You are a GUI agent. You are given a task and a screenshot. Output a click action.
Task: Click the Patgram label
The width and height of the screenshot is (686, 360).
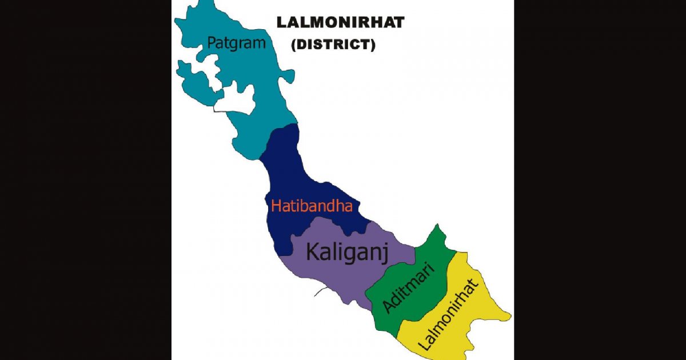(237, 43)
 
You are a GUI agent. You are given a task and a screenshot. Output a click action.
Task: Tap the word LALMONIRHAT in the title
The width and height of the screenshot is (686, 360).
(340, 22)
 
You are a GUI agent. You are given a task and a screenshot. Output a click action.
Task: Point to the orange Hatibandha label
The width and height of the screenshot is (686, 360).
(312, 206)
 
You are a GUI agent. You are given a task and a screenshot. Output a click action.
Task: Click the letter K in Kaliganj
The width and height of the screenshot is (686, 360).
(313, 251)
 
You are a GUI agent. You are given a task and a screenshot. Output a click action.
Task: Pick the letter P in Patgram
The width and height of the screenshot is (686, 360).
(212, 43)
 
